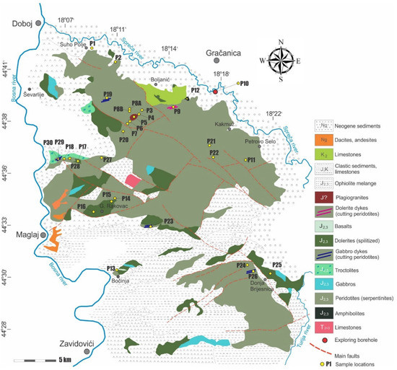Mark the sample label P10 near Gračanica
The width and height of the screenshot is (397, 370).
[245, 84]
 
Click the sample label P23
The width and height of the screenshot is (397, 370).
[167, 221]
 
